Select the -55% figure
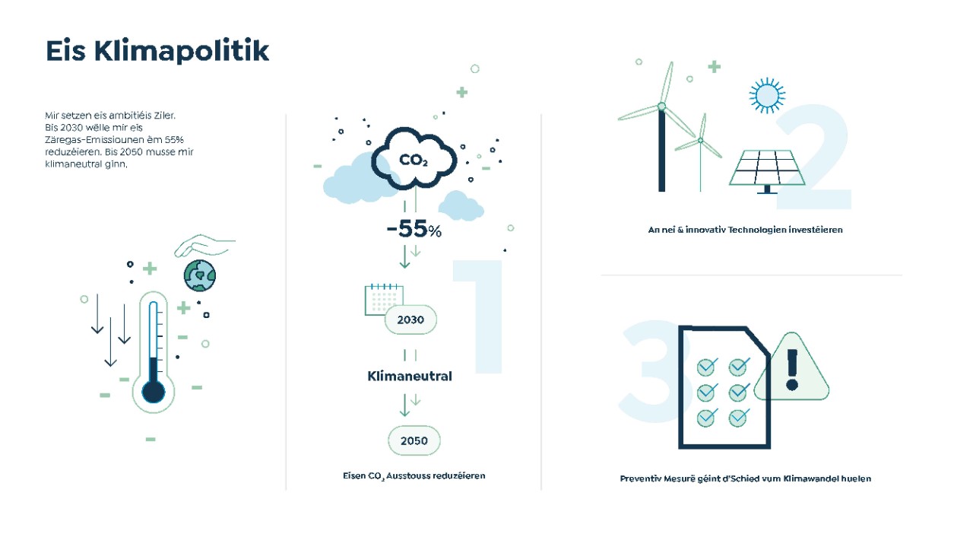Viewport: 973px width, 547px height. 414,229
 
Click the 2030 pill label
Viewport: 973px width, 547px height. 410,320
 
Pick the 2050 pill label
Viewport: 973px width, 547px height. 414,440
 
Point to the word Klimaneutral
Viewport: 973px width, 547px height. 410,376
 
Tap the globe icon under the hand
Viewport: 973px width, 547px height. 200,275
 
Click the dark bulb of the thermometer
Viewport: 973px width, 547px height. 154,392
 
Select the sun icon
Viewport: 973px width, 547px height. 767,96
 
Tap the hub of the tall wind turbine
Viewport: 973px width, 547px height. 661,107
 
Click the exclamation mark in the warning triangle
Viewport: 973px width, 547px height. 792,370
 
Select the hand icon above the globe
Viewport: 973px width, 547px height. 204,246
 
